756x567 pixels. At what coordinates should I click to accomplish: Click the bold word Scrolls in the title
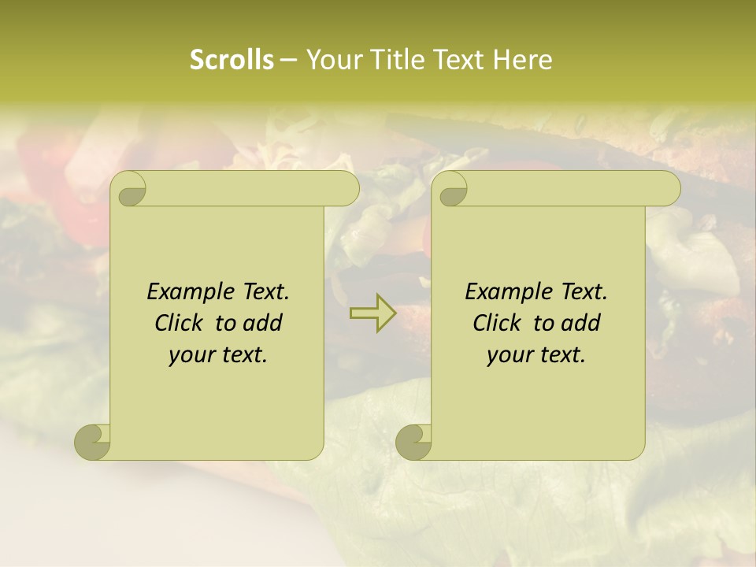pos(232,60)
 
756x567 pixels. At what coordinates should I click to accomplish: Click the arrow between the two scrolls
pos(373,313)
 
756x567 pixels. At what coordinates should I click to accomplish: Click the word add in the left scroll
pos(263,323)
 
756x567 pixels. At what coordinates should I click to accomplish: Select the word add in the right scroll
pos(581,323)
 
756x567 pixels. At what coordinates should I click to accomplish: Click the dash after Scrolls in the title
pos(288,61)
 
